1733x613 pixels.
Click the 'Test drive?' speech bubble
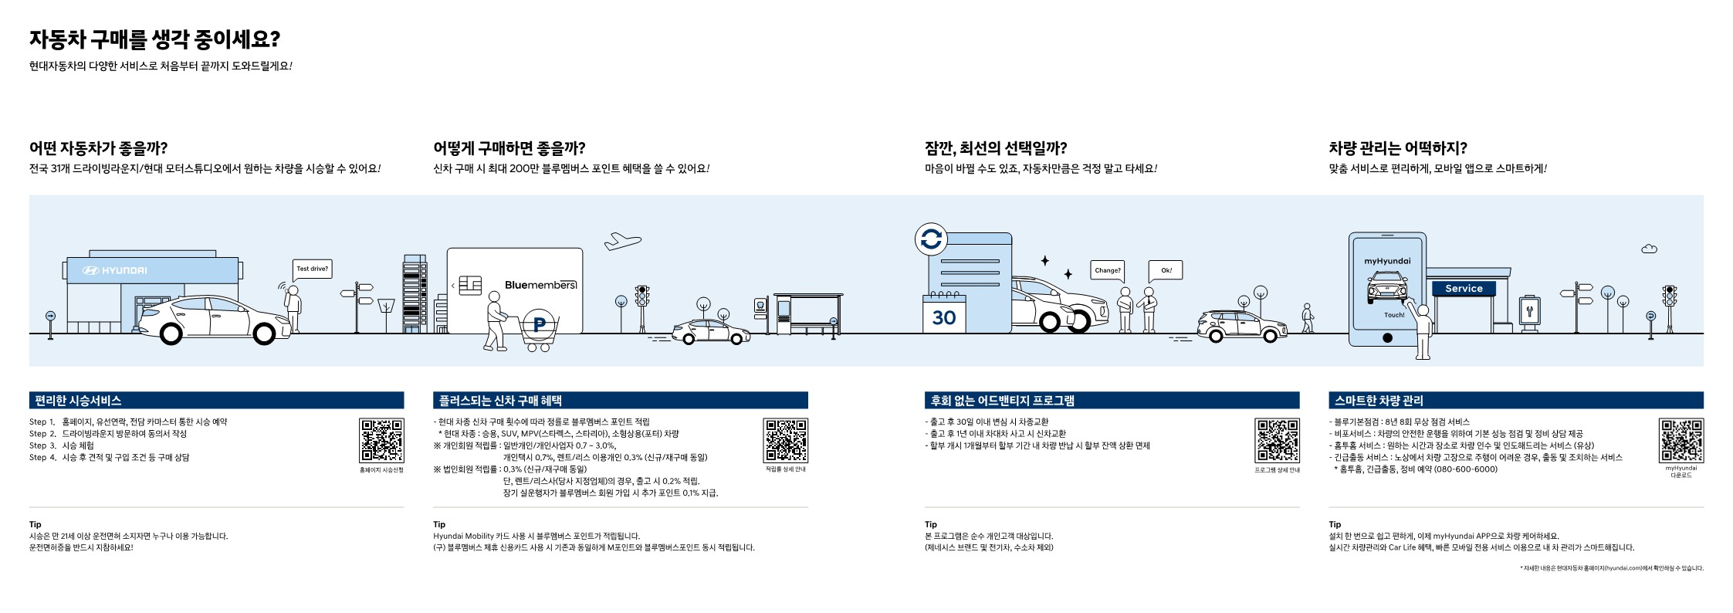click(312, 269)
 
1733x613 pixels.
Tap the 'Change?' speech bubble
click(1107, 270)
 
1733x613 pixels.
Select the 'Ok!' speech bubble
click(1166, 270)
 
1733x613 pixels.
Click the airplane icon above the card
click(622, 241)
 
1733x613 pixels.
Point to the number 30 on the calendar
click(943, 317)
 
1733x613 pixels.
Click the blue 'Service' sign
click(1464, 288)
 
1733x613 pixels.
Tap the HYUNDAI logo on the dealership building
click(114, 270)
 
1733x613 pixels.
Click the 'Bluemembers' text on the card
click(540, 285)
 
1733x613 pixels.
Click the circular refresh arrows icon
click(931, 239)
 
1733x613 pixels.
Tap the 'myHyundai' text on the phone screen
click(1387, 261)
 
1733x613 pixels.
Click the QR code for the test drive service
click(381, 441)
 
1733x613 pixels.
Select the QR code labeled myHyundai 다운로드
click(1681, 441)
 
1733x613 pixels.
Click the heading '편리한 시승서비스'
click(78, 401)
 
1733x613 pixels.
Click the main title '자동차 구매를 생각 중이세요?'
click(154, 39)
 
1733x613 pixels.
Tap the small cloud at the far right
click(1649, 249)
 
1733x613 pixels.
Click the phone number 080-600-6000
click(1465, 469)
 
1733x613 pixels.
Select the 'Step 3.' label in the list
click(42, 445)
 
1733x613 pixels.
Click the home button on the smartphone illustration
click(1387, 337)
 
